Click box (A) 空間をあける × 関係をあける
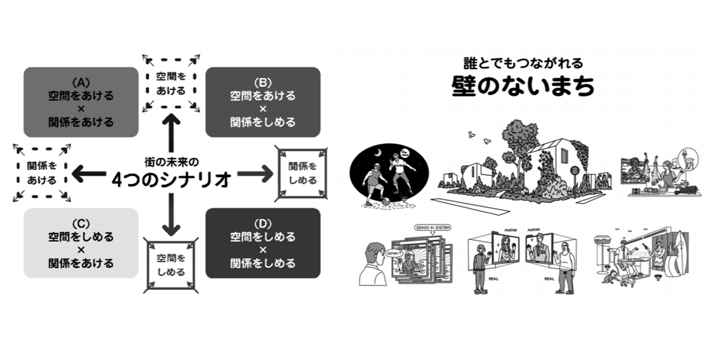click(x=81, y=101)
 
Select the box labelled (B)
click(x=263, y=101)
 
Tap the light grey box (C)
click(x=81, y=242)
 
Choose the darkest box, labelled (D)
click(x=263, y=242)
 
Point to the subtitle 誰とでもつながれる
click(x=523, y=62)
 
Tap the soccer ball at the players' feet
click(x=386, y=200)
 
